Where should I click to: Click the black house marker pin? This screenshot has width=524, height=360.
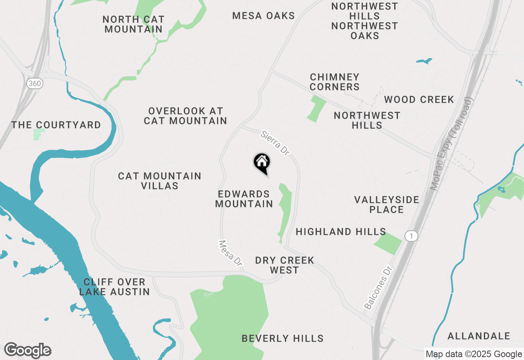[x=262, y=163]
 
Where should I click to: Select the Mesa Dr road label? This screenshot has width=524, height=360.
[x=230, y=254]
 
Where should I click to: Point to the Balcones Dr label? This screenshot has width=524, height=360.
[x=378, y=288]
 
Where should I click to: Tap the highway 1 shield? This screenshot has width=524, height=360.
[x=411, y=236]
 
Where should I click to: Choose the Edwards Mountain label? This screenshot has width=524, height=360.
[x=244, y=199]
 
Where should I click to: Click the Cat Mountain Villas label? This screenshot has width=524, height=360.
[x=160, y=181]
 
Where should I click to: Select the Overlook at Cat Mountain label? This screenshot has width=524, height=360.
[x=185, y=116]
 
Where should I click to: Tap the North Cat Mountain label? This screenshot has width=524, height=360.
[x=133, y=24]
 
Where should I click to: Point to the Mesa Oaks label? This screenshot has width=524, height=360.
[x=264, y=16]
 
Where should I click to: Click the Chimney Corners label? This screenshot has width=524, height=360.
[x=334, y=82]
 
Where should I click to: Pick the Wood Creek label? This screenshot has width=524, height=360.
[x=419, y=99]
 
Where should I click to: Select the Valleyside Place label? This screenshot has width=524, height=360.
[x=386, y=205]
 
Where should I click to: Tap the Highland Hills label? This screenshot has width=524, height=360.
[x=341, y=232]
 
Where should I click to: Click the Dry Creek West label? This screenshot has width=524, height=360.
[x=285, y=265]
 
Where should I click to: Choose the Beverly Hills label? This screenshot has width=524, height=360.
[x=282, y=338]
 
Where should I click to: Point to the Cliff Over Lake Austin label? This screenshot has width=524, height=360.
[x=114, y=287]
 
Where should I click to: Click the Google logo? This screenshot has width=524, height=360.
[x=27, y=350]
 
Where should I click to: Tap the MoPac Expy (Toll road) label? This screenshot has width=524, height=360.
[x=452, y=144]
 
